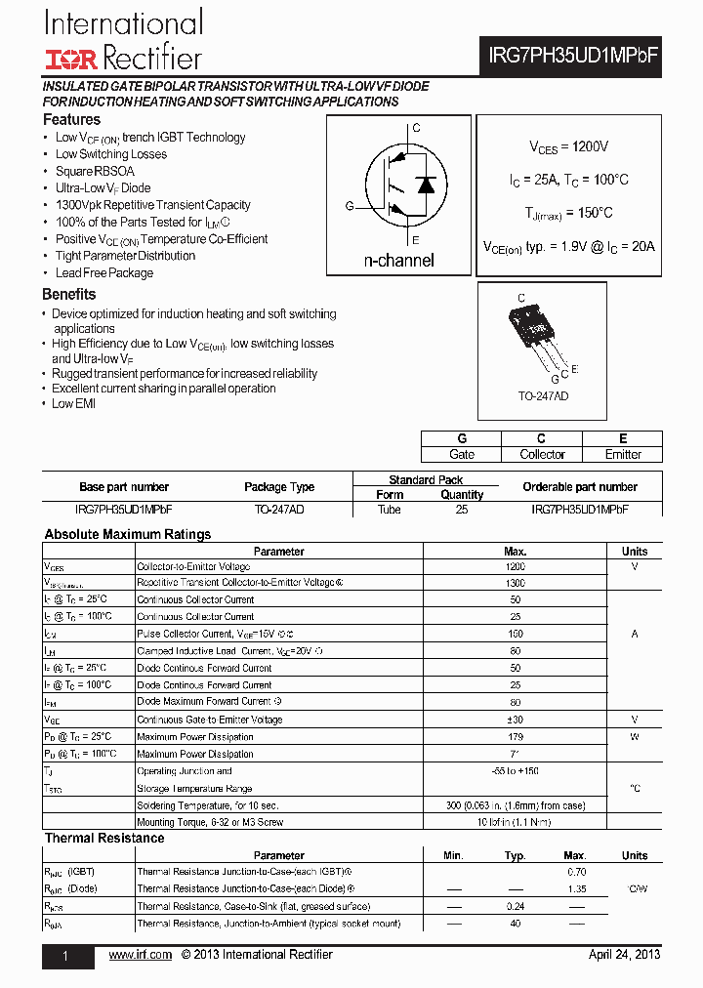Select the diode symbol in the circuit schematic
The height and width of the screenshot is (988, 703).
[426, 185]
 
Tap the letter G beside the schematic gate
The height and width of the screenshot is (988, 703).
[349, 206]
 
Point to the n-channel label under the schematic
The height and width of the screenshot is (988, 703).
[398, 261]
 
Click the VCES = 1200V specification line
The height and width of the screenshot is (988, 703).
[568, 146]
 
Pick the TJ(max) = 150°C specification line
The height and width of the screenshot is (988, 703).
[568, 213]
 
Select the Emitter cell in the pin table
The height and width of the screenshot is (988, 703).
[623, 454]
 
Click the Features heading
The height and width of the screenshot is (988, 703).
[71, 119]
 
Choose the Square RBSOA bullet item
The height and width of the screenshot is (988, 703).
[95, 171]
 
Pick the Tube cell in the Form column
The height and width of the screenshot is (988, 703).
[390, 510]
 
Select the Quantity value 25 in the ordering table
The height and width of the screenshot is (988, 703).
[462, 510]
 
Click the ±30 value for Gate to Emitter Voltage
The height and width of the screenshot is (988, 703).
[515, 720]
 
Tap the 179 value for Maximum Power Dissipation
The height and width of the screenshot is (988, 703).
[515, 736]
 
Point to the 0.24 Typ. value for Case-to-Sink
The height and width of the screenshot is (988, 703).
[516, 906]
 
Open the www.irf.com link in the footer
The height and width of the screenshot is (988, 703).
[141, 955]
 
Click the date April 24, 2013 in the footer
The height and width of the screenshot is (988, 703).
[624, 955]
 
